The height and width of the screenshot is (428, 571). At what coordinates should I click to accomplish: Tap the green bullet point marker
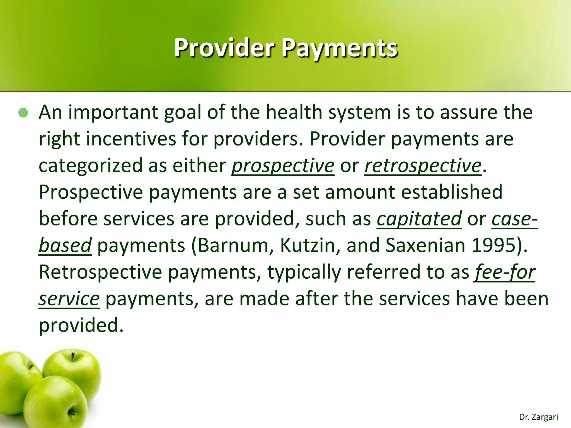click(x=23, y=113)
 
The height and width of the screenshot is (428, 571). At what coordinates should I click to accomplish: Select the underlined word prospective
click(x=283, y=166)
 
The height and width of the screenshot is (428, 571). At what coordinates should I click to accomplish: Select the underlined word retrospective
click(x=423, y=166)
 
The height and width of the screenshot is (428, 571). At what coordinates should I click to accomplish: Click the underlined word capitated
click(x=419, y=219)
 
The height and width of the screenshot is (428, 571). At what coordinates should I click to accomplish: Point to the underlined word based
click(x=65, y=245)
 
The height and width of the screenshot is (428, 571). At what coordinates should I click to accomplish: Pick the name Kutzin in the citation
click(x=309, y=245)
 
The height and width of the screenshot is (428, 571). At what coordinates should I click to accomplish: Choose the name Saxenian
click(x=425, y=245)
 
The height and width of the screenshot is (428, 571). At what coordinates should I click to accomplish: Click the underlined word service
click(x=69, y=299)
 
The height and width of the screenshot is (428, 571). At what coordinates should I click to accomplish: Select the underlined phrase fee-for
click(x=504, y=272)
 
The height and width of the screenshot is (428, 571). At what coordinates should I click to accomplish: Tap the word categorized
click(x=90, y=166)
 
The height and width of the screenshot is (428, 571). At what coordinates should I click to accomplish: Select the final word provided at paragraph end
click(x=81, y=325)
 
